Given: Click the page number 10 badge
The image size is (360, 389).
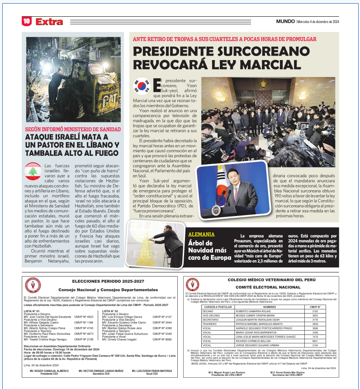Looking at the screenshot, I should pyautogui.click(x=27, y=21).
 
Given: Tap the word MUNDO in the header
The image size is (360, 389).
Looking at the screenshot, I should pyautogui.click(x=285, y=21).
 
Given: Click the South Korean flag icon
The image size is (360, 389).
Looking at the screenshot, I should pyautogui.click(x=142, y=86).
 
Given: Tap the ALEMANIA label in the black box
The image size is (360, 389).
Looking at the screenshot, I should pyautogui.click(x=201, y=235).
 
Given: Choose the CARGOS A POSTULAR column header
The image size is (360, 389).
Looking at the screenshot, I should pyautogui.click(x=218, y=307).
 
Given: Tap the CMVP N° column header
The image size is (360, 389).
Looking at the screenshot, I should pyautogui.click(x=315, y=307).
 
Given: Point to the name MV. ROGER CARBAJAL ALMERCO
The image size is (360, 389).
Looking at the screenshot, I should pyautogui.click(x=43, y=370).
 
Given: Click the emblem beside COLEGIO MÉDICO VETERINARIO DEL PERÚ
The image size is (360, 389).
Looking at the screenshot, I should pyautogui.click(x=193, y=285).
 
